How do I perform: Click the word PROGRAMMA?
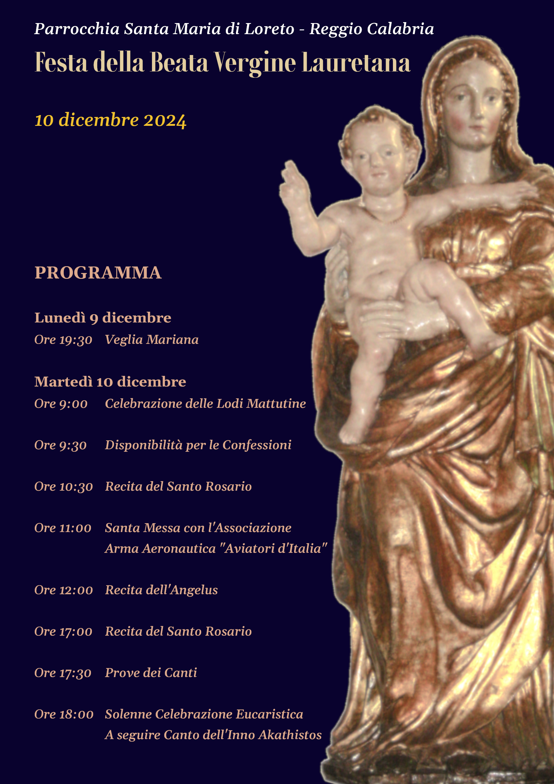pos(98,273)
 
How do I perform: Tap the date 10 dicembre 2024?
pos(110,120)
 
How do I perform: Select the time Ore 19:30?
pos(63,340)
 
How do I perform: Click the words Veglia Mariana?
pos(152,340)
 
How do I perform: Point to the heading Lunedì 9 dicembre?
pos(103,318)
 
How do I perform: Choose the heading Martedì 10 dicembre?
pos(110,382)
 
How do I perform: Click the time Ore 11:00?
pos(63,528)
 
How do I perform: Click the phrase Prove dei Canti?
pos(151,673)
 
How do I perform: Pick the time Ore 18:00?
pos(64,714)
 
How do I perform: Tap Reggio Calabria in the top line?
pos(371,29)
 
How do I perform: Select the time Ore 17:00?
pos(63,631)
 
